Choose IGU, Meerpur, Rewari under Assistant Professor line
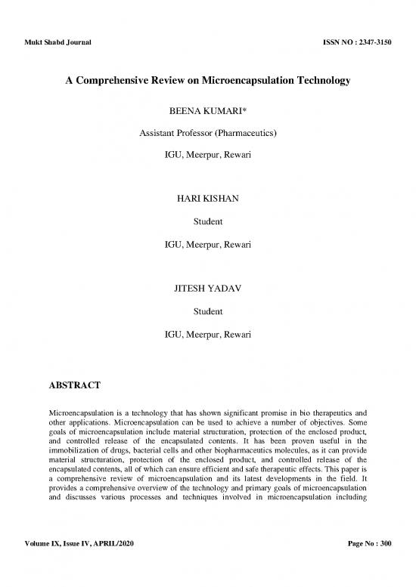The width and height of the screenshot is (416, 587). tap(208, 156)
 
